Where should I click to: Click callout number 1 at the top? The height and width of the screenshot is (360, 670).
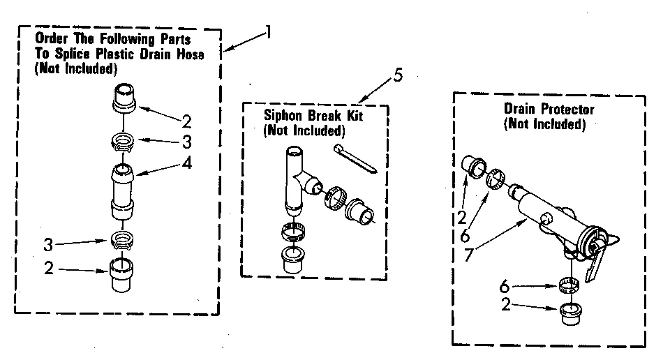click(x=268, y=32)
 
